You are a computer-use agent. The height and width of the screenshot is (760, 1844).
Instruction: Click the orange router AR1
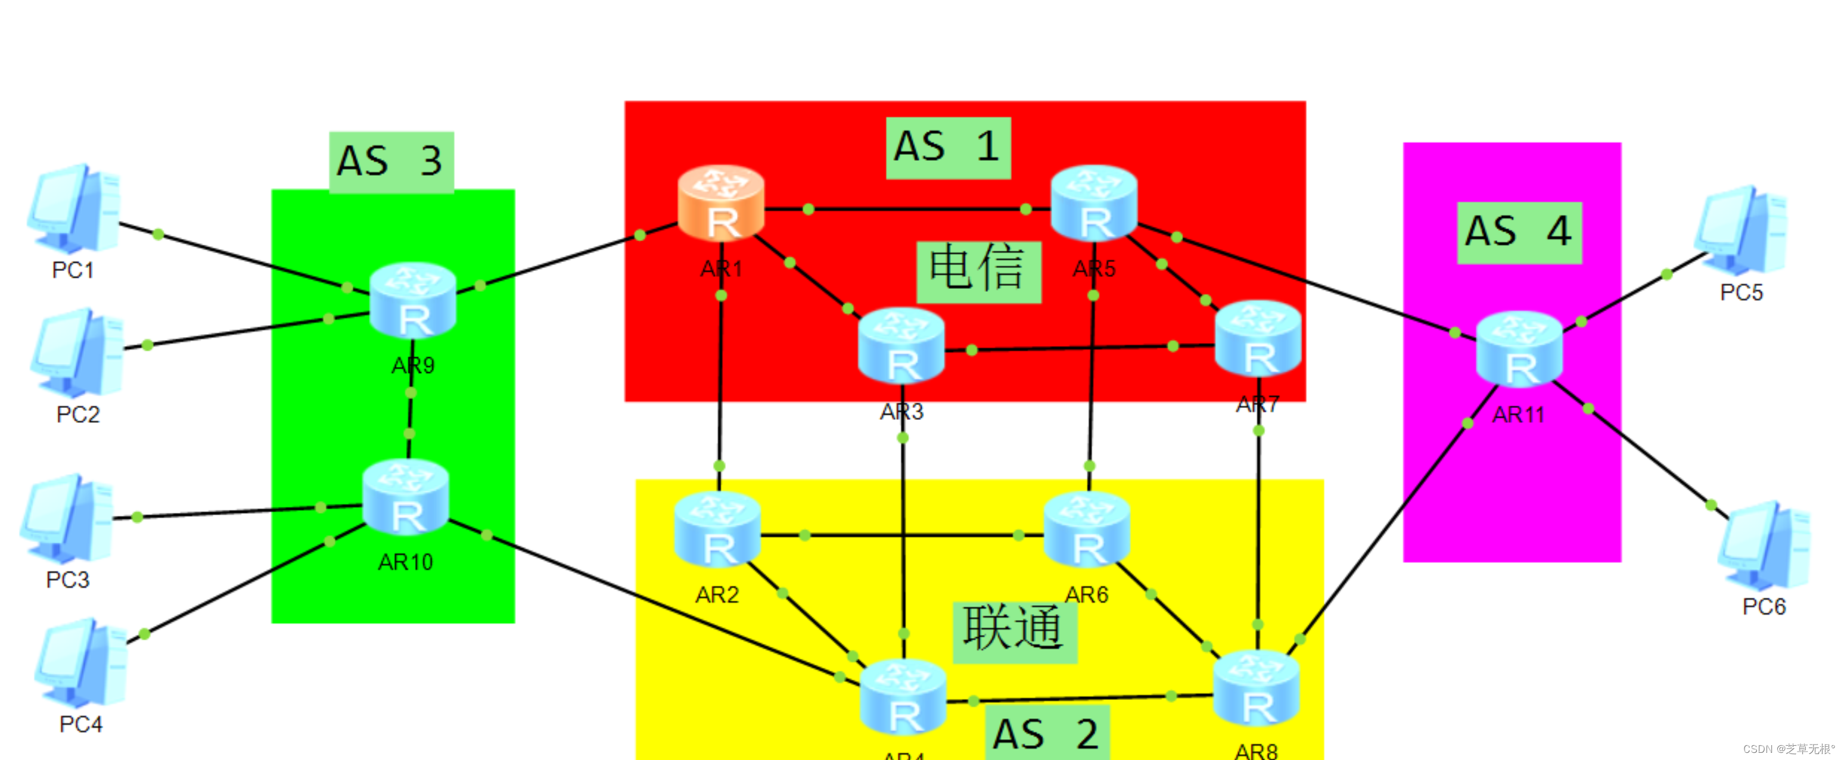tap(721, 203)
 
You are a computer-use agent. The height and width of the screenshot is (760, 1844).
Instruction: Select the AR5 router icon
tap(1093, 203)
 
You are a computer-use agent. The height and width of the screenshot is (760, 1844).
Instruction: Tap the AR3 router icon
tap(901, 347)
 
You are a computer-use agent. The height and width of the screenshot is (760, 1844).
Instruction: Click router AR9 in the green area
tap(413, 301)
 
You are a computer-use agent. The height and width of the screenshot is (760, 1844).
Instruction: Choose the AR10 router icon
tap(406, 498)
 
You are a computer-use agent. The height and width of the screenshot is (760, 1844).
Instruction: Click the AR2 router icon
tap(717, 530)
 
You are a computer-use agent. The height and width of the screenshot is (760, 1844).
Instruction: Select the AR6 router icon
tap(1087, 530)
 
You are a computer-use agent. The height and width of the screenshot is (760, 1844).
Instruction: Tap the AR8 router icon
tap(1257, 689)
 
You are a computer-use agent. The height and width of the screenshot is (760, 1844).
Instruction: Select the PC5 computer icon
tap(1741, 231)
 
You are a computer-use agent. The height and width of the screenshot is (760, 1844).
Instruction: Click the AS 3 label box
tap(391, 162)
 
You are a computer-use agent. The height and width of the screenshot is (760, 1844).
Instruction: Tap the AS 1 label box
tap(948, 148)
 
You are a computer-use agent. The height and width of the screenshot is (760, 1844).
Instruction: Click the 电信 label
tap(978, 271)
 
